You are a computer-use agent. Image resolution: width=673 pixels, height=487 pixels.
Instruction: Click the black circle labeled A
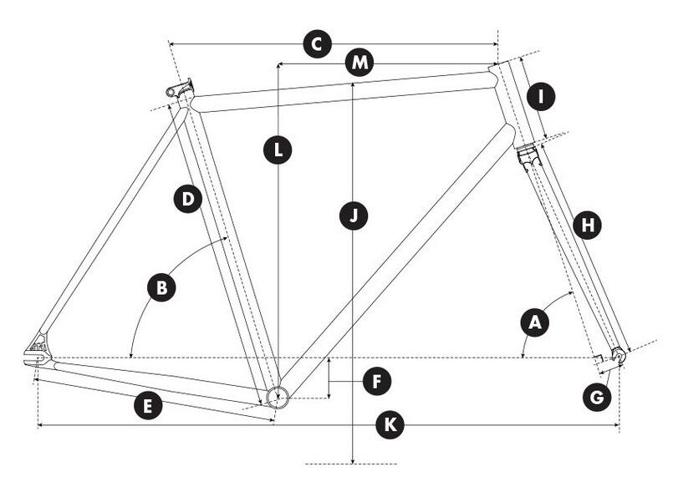click(x=535, y=323)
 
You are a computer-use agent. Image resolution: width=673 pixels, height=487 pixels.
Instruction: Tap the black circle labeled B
click(x=161, y=288)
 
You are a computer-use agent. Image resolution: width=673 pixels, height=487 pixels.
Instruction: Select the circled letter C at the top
click(x=316, y=43)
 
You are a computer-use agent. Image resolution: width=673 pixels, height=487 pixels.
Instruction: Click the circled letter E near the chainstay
click(x=148, y=406)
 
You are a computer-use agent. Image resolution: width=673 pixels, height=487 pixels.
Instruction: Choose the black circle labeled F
click(x=377, y=382)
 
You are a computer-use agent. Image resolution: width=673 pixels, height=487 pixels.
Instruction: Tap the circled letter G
click(x=595, y=398)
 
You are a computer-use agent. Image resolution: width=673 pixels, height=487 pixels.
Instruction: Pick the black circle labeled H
click(x=589, y=225)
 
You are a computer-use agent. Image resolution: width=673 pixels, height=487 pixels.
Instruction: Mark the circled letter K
click(x=389, y=425)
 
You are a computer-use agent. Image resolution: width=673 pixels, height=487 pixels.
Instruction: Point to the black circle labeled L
click(x=278, y=151)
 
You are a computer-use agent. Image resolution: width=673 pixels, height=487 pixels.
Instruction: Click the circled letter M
click(x=359, y=63)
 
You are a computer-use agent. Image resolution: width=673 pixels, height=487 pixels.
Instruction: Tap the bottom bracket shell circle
click(x=277, y=394)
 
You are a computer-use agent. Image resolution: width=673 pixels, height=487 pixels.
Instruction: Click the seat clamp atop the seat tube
click(x=181, y=88)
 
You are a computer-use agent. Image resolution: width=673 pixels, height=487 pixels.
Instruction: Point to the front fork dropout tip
click(x=619, y=355)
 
